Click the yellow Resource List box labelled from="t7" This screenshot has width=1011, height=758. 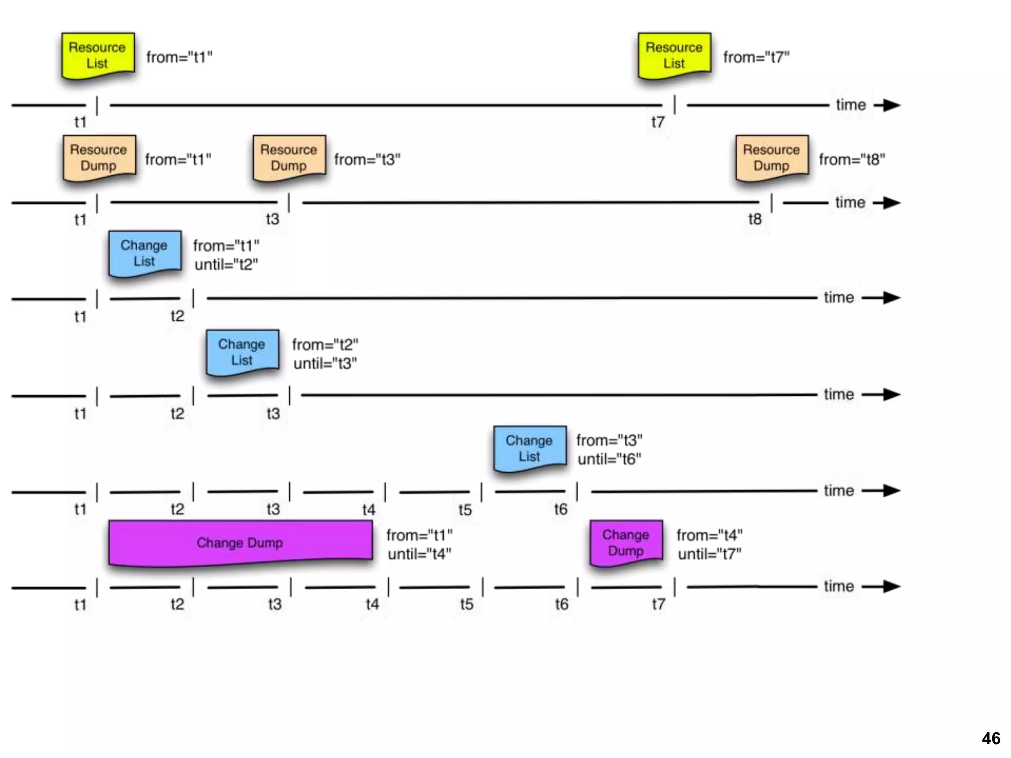click(x=674, y=55)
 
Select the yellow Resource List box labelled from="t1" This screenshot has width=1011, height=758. click(x=98, y=55)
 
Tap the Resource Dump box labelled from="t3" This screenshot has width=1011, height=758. click(x=289, y=157)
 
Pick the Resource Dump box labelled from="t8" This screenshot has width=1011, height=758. click(x=772, y=157)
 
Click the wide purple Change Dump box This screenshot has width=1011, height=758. click(x=240, y=542)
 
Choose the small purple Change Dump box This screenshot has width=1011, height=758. click(x=626, y=542)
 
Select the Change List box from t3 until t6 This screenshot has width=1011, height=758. click(x=530, y=448)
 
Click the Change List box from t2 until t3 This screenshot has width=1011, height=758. click(x=242, y=352)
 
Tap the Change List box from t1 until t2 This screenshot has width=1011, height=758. click(x=145, y=253)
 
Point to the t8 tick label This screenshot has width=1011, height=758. click(x=755, y=219)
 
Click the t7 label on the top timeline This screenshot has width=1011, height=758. click(x=658, y=122)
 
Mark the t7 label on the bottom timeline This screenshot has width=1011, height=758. click(x=658, y=604)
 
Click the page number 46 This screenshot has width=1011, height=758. click(x=991, y=738)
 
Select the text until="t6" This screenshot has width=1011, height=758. click(x=609, y=459)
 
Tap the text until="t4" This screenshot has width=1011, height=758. click(x=420, y=554)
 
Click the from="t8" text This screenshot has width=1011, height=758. click(x=852, y=159)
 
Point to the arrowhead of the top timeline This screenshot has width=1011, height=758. click(x=891, y=105)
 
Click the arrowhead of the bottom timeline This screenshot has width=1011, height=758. click(x=891, y=587)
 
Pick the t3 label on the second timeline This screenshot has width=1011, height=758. click(x=272, y=219)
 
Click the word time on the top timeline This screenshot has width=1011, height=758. click(x=851, y=105)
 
